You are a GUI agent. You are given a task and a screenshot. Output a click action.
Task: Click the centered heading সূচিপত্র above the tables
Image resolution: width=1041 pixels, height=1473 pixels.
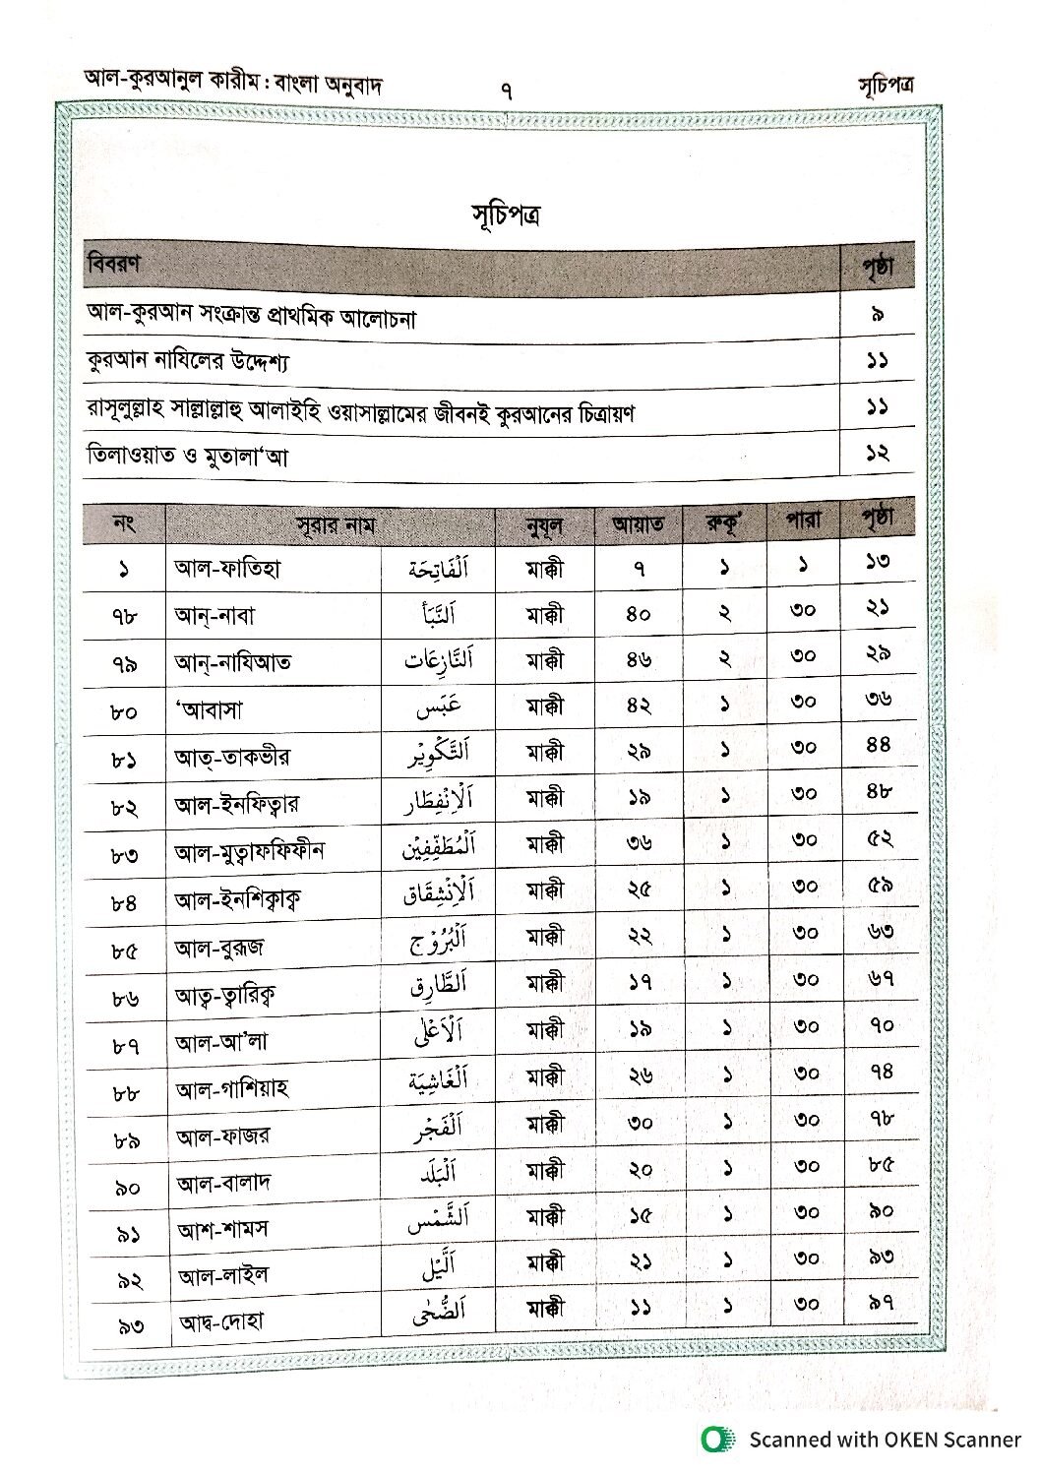[504, 215]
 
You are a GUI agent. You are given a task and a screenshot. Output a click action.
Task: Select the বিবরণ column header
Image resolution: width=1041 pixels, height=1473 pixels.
[113, 264]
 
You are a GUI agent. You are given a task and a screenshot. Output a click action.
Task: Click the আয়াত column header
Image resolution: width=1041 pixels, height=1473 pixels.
[638, 524]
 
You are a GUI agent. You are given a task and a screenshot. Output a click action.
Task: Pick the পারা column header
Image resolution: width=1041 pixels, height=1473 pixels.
[803, 520]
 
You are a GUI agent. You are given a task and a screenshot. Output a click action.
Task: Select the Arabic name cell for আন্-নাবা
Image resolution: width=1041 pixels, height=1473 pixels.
[438, 615]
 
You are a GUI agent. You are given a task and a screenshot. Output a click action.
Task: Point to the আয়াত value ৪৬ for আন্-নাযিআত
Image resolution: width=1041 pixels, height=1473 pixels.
[639, 661]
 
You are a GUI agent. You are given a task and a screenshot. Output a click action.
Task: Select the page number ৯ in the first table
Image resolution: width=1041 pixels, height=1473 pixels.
[878, 315]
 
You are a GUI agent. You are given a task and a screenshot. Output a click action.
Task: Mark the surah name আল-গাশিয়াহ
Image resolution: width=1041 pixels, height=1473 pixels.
[232, 1089]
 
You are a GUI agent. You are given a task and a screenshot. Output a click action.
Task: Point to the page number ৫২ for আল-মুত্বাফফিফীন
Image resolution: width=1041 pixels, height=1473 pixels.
[880, 838]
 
